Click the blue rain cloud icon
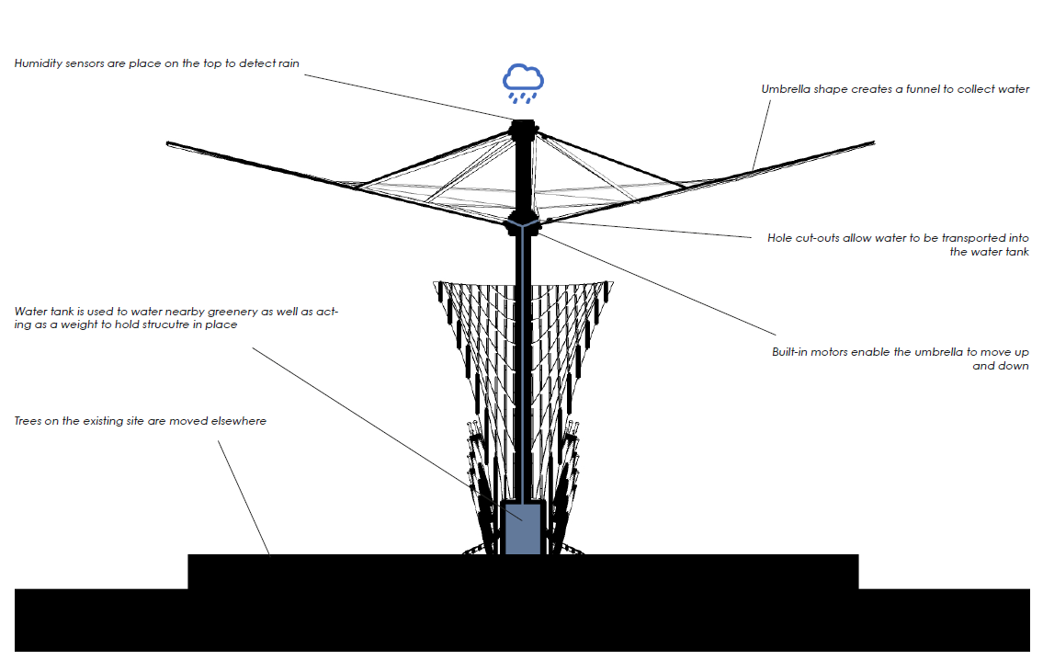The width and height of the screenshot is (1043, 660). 523,82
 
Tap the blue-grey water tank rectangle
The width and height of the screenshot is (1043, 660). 522,528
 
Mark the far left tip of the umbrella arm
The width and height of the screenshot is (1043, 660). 168,143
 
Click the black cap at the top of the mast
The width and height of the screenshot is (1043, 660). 523,126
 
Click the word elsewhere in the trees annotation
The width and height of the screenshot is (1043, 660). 238,421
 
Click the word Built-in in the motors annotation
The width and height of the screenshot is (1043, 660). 790,352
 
